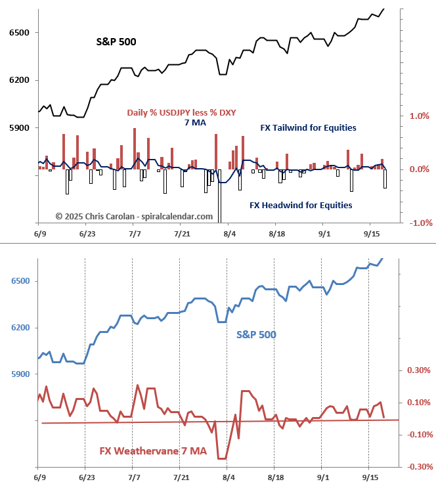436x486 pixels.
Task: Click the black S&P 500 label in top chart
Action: click(117, 43)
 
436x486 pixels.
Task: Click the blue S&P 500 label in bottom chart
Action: click(256, 334)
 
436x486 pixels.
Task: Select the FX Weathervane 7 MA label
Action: click(153, 451)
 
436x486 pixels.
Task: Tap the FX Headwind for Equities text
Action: click(301, 205)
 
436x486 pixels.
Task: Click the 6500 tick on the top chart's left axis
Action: click(18, 33)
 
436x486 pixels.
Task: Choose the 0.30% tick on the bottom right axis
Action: click(419, 370)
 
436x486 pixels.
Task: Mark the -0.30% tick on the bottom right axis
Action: click(418, 467)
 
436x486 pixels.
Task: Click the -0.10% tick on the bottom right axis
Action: click(418, 435)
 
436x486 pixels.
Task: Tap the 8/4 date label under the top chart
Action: click(229, 234)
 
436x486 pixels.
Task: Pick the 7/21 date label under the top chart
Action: click(182, 234)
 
